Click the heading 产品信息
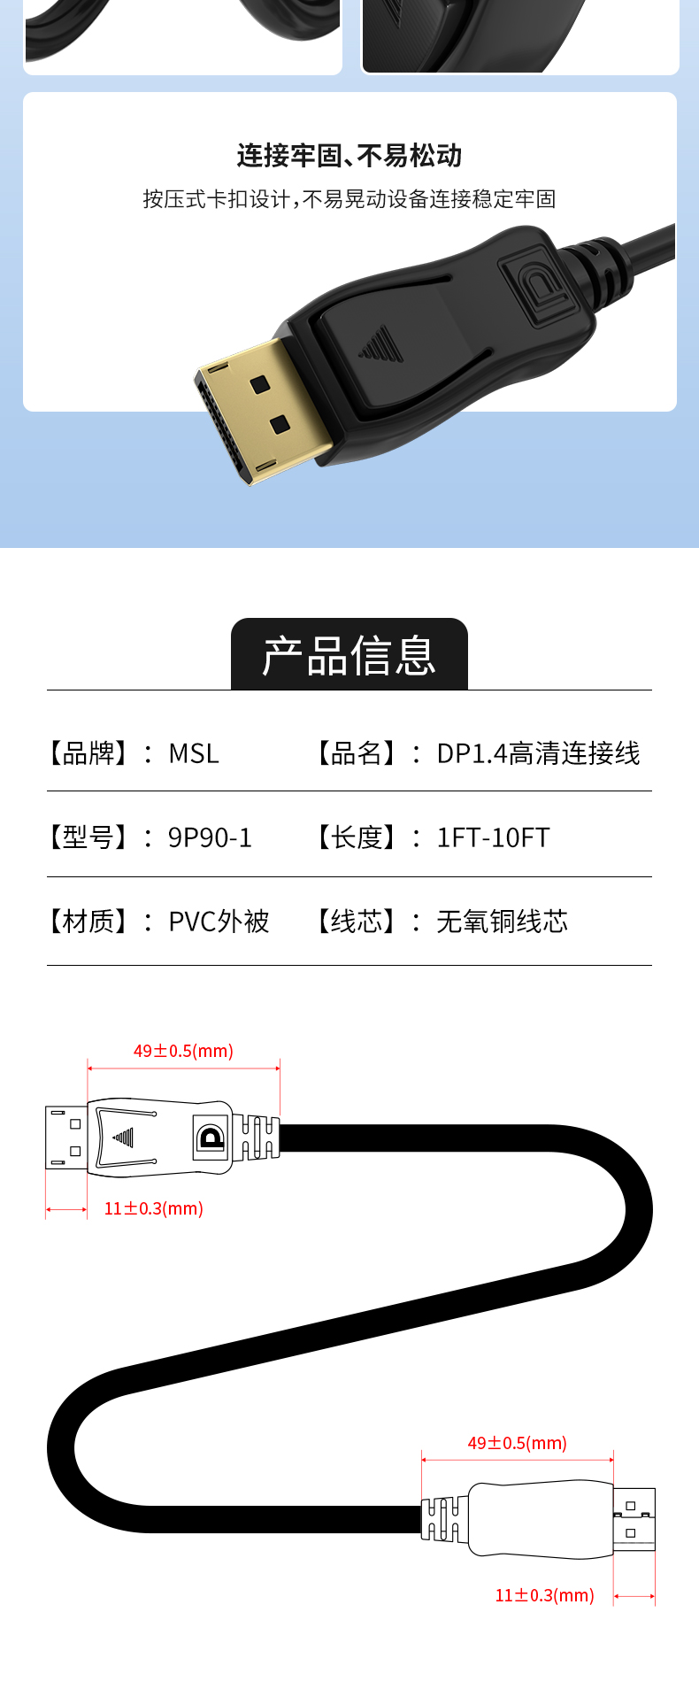tap(349, 656)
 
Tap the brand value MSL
tap(194, 753)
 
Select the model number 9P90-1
tap(210, 837)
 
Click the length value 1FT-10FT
tap(493, 837)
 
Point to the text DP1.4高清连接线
tap(538, 753)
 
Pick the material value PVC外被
tap(219, 922)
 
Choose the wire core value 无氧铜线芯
tap(502, 922)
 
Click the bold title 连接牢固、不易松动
tap(349, 156)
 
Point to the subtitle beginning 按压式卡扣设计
tap(349, 199)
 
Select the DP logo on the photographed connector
tap(534, 288)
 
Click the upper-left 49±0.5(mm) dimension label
tap(183, 1051)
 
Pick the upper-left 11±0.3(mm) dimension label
tap(154, 1208)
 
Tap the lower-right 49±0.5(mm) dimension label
tap(518, 1443)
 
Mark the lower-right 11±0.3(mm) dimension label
tap(544, 1595)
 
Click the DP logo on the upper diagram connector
tap(211, 1138)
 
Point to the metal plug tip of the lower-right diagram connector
tap(634, 1519)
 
